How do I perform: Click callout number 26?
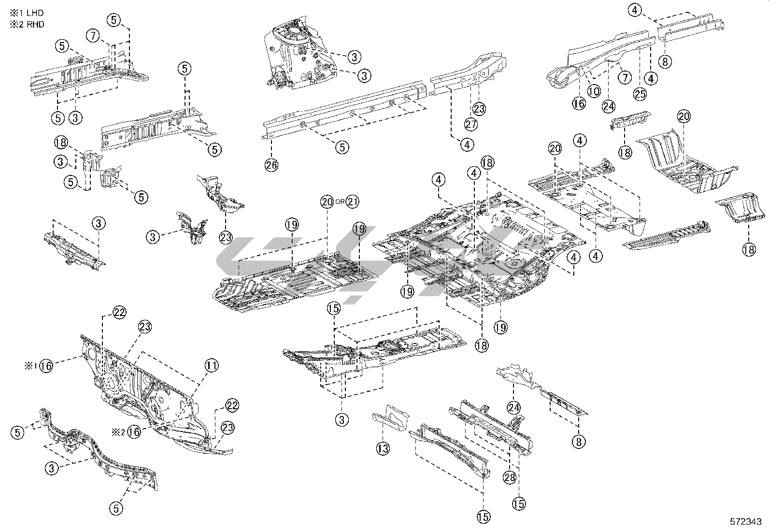tap(271, 165)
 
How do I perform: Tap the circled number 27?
tap(470, 124)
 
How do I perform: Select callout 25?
tap(640, 95)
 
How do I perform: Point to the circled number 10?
tap(594, 90)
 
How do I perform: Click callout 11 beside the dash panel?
tap(211, 366)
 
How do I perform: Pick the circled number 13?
tap(383, 449)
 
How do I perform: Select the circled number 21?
tap(353, 201)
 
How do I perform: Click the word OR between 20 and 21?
tap(340, 202)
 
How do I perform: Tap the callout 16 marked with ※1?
tap(46, 366)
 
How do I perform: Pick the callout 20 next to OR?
tap(327, 201)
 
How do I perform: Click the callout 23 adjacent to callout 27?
tap(479, 109)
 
